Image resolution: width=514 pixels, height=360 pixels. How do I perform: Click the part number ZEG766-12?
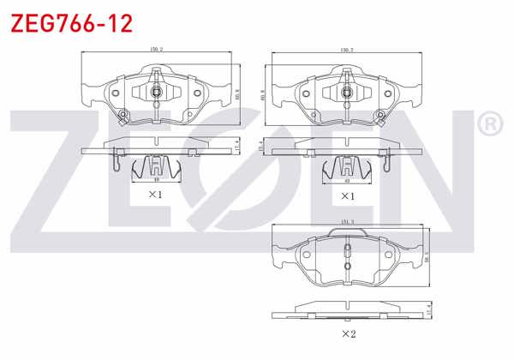[70, 23]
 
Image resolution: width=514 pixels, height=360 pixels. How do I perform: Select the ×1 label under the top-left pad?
[155, 195]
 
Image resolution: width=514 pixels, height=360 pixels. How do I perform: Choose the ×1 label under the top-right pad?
[347, 195]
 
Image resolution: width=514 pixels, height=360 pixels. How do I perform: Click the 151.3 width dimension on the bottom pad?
[347, 222]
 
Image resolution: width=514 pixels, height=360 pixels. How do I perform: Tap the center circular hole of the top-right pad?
[347, 91]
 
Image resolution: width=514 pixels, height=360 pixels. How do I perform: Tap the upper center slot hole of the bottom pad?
[347, 251]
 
